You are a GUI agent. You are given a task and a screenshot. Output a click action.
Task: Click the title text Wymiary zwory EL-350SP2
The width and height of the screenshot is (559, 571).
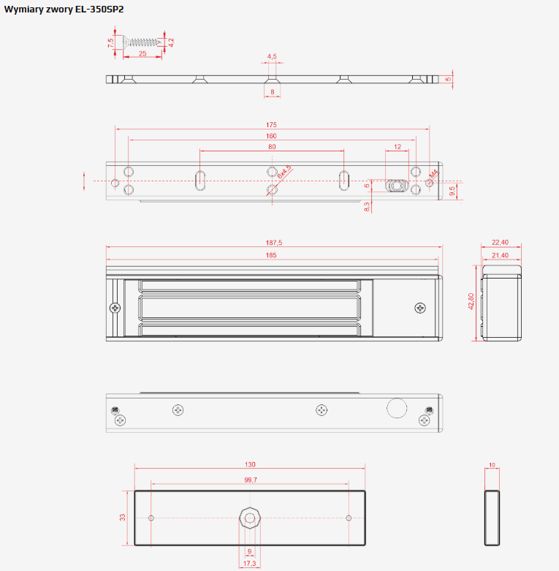click(64, 9)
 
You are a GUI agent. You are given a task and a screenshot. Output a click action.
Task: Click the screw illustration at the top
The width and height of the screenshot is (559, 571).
click(142, 42)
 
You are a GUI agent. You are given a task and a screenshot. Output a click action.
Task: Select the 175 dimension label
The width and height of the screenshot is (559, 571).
click(271, 124)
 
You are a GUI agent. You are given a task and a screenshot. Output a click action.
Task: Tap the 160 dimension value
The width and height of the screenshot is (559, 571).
click(271, 136)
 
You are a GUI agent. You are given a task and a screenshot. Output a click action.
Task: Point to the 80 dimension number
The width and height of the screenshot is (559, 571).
click(272, 147)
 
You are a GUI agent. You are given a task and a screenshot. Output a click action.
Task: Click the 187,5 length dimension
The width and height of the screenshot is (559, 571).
click(274, 243)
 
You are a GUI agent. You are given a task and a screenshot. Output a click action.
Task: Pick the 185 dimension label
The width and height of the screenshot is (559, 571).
click(271, 255)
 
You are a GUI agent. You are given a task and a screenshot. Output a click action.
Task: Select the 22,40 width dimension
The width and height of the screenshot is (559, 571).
click(500, 242)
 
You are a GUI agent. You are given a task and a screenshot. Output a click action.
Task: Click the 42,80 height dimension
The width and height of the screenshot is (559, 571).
click(471, 301)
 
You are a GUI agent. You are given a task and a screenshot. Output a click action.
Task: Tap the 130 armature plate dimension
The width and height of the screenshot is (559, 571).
click(250, 465)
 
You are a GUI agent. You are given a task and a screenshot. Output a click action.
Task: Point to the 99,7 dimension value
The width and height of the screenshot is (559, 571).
click(251, 480)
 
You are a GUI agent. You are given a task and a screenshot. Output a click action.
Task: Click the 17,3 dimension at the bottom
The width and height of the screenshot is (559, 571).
click(250, 564)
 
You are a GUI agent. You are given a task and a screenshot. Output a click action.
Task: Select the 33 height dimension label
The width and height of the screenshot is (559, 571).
click(122, 517)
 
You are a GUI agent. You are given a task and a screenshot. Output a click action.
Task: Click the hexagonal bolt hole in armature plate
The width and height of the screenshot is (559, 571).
click(250, 518)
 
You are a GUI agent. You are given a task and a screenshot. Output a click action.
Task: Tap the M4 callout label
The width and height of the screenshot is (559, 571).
click(433, 174)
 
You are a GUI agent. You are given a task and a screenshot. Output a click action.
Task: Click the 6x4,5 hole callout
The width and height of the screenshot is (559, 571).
click(284, 172)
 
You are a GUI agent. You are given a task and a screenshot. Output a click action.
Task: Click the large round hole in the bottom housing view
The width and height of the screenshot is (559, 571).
click(397, 408)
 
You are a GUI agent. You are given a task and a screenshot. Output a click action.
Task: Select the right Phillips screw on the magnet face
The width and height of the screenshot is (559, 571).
click(420, 308)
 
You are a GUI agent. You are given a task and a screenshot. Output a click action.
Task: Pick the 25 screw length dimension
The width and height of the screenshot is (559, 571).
click(142, 53)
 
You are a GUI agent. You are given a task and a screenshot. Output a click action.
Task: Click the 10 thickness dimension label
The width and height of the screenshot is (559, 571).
click(492, 465)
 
